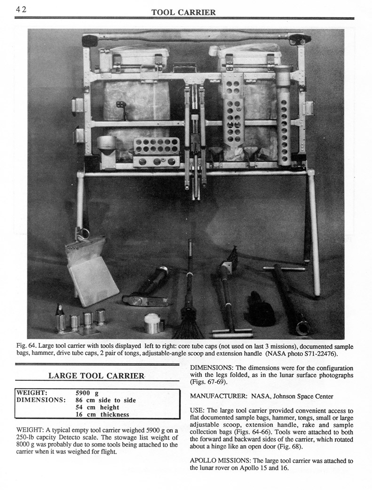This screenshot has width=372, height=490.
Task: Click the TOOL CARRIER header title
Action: pyautogui.click(x=183, y=12)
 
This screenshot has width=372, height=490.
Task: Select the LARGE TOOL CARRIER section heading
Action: pyautogui.click(x=96, y=375)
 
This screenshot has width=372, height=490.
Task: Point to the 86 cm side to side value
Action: pyautogui.click(x=106, y=400)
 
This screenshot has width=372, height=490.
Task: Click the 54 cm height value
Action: pyautogui.click(x=97, y=407)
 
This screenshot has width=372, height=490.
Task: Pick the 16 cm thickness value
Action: pyautogui.click(x=103, y=415)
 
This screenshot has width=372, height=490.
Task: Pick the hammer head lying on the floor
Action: pyautogui.click(x=139, y=300)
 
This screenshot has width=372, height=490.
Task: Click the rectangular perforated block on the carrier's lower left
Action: pyautogui.click(x=156, y=153)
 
